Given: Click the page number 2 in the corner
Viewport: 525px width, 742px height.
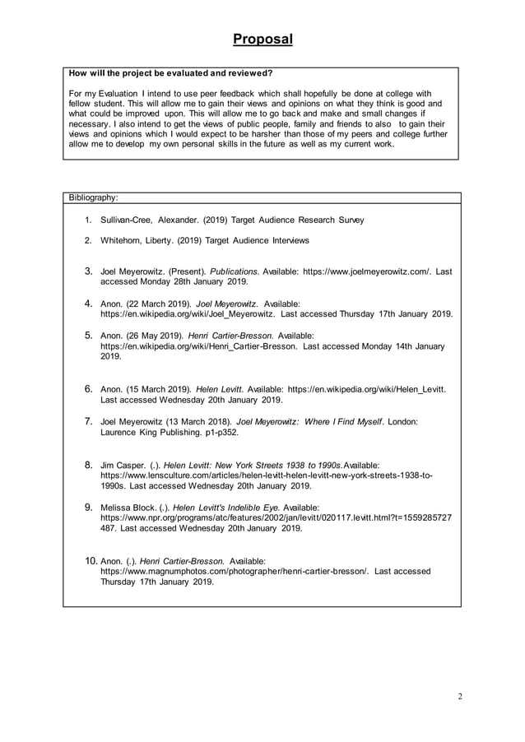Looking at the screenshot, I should pos(460,697).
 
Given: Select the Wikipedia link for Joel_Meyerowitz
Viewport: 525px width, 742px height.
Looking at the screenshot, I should pos(188,314).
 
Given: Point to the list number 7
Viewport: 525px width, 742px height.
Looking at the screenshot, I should pos(89,421).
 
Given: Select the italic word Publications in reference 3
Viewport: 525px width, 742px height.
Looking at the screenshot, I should pos(235,271).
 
